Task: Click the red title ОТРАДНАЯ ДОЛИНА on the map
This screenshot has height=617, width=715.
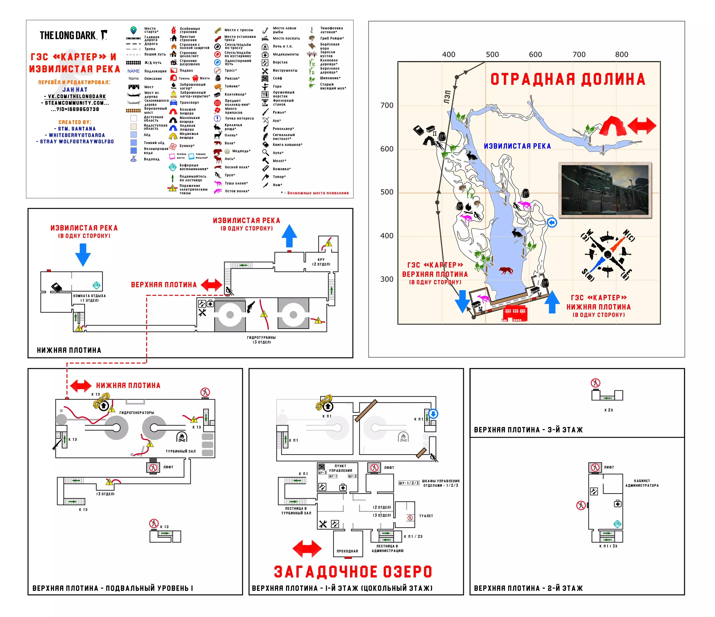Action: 568,79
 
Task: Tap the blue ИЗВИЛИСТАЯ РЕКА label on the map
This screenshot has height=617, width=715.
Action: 517,146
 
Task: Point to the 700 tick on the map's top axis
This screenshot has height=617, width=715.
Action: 579,55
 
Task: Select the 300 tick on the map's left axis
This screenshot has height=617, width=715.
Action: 386,279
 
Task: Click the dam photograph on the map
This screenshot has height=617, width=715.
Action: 604,190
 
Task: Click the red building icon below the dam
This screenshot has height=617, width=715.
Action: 514,313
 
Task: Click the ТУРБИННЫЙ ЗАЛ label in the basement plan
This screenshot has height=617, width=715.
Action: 181,451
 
